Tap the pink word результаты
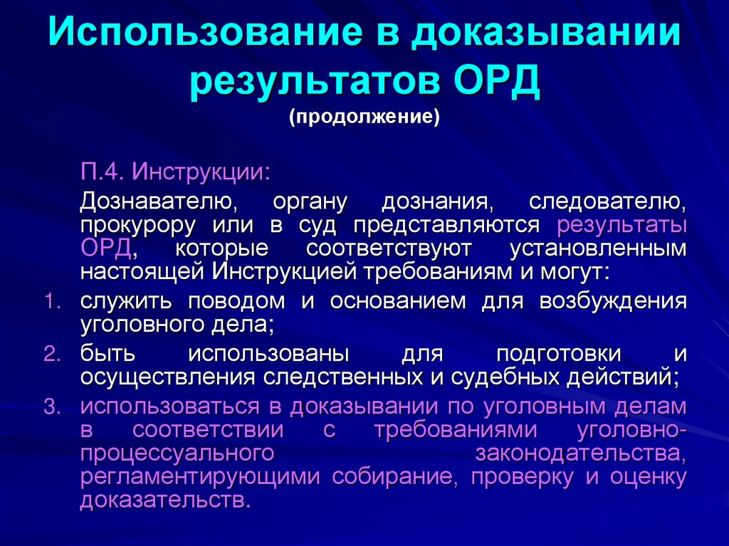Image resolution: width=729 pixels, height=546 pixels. tap(622, 226)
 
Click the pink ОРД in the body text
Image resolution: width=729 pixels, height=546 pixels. tap(105, 249)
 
